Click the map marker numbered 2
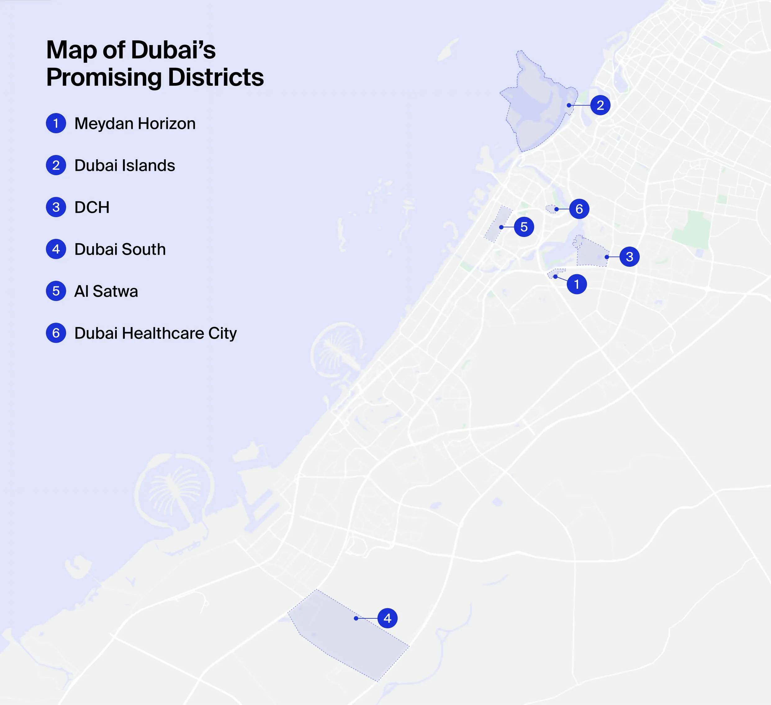(600, 105)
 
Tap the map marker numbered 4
(387, 618)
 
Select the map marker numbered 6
(579, 209)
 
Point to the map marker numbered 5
(524, 227)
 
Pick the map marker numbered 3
(629, 257)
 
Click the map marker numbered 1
(577, 284)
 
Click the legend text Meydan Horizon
(135, 124)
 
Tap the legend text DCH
(92, 207)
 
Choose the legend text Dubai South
(120, 249)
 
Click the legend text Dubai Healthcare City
(155, 333)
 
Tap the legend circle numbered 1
(56, 123)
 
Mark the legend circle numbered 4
(56, 249)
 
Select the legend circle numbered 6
(56, 333)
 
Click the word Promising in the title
(104, 78)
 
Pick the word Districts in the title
(216, 78)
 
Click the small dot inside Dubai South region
(356, 618)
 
